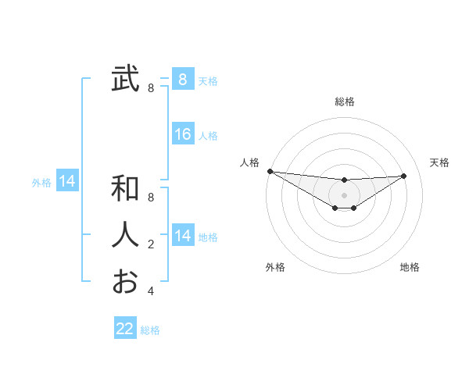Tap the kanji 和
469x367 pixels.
tap(125, 188)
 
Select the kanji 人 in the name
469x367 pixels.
tap(125, 235)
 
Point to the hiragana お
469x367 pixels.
tap(125, 281)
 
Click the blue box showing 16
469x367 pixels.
tap(183, 134)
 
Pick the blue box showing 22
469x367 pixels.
tap(125, 329)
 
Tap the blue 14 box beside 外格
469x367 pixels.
tap(67, 182)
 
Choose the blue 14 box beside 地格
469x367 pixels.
tap(183, 236)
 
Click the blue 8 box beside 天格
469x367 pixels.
tap(183, 79)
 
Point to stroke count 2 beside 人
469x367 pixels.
tap(151, 244)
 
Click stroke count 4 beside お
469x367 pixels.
tap(151, 291)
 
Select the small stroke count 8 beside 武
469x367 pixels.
tap(151, 88)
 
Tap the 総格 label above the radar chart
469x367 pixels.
tap(345, 102)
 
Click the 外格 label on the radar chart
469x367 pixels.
tap(275, 267)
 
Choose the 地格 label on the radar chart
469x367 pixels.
tap(410, 267)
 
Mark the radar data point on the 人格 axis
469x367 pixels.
tap(270, 171)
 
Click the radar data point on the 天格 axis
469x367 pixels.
tap(404, 176)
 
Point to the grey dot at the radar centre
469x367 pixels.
tap(344, 195)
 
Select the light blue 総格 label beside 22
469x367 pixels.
tap(151, 330)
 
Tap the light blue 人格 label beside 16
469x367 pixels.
tap(208, 136)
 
